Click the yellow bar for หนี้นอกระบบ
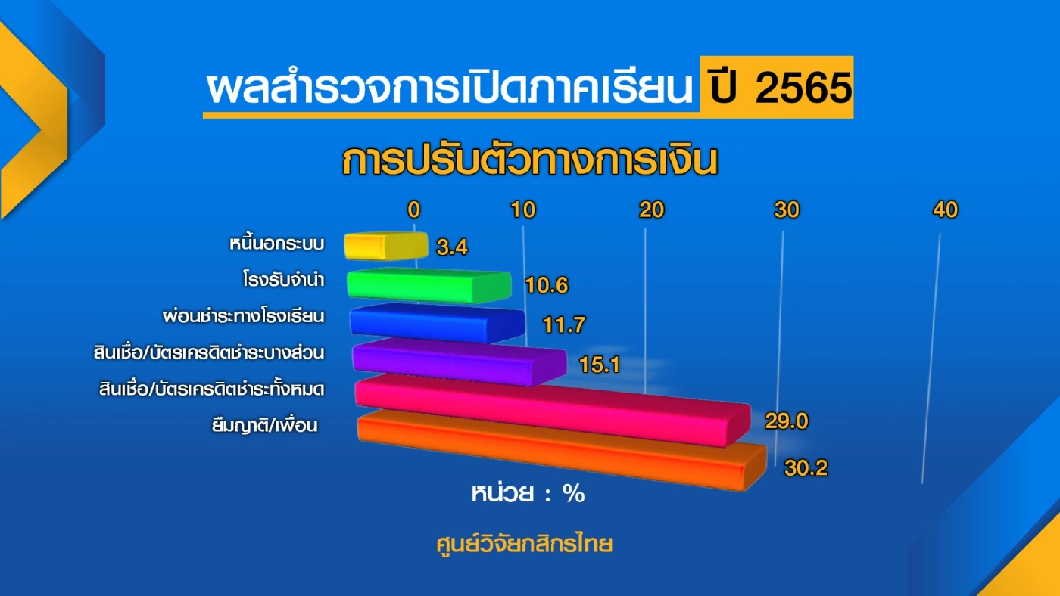coord(386,246)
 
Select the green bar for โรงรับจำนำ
coord(429,284)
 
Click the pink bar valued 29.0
coord(551,411)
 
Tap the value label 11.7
coord(564,324)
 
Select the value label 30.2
coord(806,469)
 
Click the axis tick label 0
coord(413,210)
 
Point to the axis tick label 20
coord(651,210)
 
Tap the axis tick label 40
coord(946,210)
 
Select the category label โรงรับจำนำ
coord(279,281)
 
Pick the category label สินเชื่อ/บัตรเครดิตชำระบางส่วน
coord(217,353)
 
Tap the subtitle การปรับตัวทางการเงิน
coord(529,162)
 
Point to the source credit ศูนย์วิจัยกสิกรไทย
coord(523,544)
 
